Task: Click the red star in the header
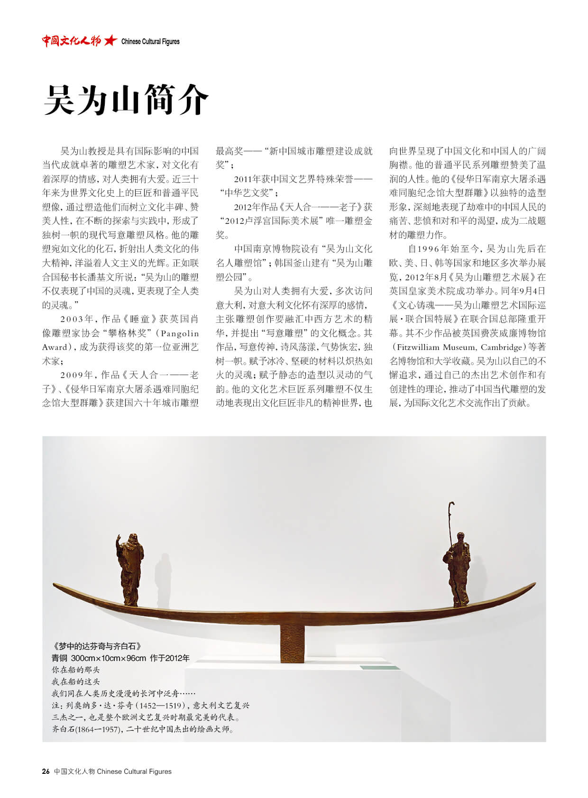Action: click(110, 41)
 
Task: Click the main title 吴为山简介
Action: click(126, 100)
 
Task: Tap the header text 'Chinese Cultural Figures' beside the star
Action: click(150, 42)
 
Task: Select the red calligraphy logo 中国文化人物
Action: click(72, 41)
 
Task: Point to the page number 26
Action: click(46, 771)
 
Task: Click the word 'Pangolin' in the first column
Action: click(180, 333)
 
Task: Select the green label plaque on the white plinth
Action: click(379, 668)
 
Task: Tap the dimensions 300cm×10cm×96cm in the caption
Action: click(109, 658)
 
